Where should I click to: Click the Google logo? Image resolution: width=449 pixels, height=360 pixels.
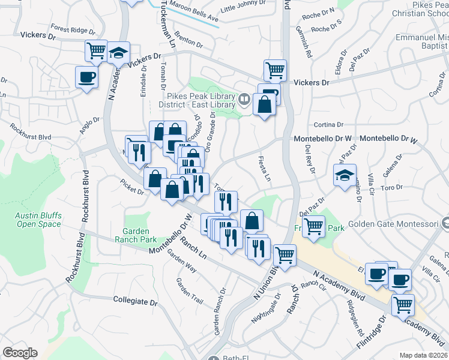tap(20, 353)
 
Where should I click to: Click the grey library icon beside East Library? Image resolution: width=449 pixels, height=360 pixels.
tap(244, 99)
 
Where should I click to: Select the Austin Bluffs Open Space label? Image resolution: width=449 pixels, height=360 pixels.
tap(38, 220)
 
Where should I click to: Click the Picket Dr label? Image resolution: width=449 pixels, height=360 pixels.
tap(132, 187)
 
